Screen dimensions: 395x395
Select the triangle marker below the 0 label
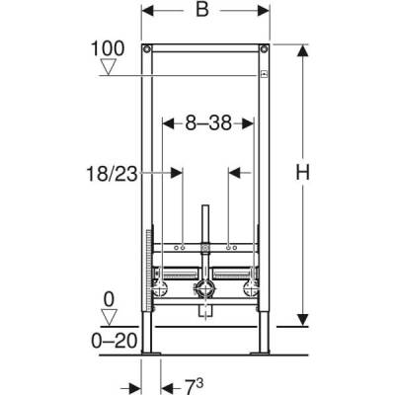click(x=110, y=317)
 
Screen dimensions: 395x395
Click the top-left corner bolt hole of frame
click(x=147, y=48)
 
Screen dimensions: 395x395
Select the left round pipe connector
click(x=160, y=290)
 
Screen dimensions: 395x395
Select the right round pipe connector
click(x=248, y=290)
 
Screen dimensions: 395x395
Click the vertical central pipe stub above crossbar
click(x=204, y=225)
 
